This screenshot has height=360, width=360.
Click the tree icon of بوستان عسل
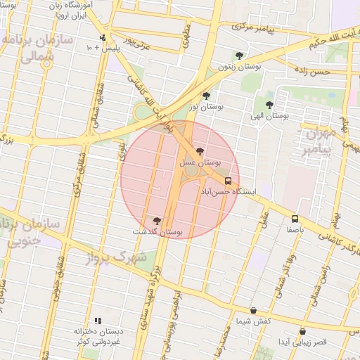tap(200, 152)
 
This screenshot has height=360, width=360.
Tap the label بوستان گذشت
tap(157, 231)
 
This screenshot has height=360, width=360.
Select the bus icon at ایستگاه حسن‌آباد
tap(227, 181)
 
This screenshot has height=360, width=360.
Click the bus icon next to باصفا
tap(295, 219)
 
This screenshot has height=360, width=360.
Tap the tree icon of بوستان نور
tap(206, 96)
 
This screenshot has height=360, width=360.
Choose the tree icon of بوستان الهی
tap(269, 104)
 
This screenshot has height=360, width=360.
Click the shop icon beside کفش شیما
tap(253, 310)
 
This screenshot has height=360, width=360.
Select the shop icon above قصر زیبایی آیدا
tap(302, 331)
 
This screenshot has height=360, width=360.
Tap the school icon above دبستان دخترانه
tap(98, 320)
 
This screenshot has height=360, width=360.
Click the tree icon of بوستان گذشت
tap(156, 220)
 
